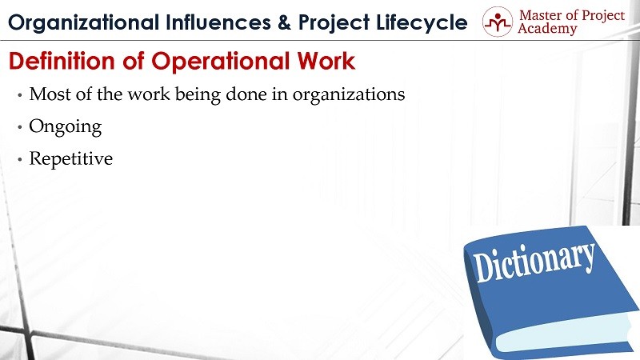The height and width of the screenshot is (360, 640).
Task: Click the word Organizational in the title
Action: (83, 23)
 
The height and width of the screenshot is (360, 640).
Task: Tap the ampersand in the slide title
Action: (285, 22)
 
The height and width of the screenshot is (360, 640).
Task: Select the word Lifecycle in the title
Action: (422, 23)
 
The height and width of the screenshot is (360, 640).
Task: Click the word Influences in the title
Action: (218, 22)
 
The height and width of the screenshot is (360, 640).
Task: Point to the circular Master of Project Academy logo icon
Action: (497, 22)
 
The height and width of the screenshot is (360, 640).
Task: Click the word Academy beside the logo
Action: (547, 29)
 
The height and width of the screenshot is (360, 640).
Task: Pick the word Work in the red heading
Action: (326, 61)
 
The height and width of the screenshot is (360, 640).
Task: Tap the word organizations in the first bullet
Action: (349, 95)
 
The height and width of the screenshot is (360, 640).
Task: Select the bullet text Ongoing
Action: (66, 127)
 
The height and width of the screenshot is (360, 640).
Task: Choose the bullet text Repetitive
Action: (70, 158)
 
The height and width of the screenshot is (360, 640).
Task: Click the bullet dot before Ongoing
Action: (19, 127)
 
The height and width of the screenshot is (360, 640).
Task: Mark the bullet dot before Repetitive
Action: (19, 159)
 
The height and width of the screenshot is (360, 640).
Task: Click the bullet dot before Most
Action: (19, 95)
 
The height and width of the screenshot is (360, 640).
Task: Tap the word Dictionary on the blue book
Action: (534, 261)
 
